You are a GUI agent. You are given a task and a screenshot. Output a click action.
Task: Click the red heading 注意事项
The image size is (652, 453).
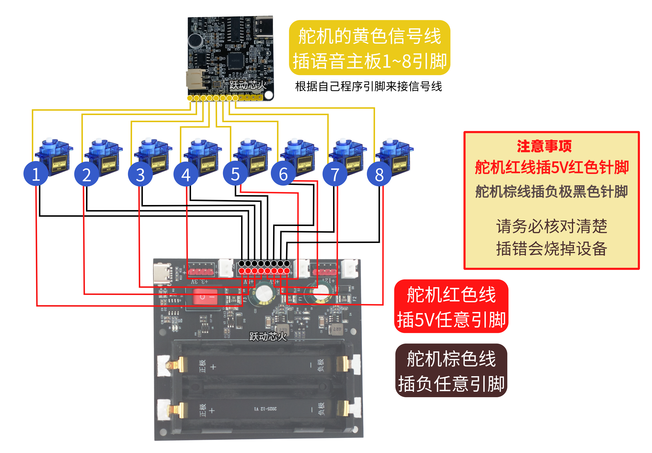click(544, 146)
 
